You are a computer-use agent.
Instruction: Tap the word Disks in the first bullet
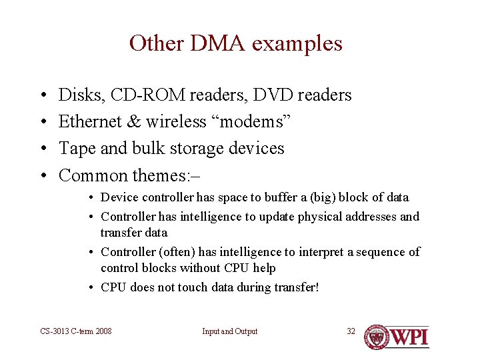pos(75,95)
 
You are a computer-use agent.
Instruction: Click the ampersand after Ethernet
pos(134,122)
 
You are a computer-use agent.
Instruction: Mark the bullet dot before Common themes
pos(42,176)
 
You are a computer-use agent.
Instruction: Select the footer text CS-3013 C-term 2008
pos(76,331)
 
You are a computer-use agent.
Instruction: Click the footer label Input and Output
pos(229,331)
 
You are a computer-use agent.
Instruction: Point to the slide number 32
pos(351,331)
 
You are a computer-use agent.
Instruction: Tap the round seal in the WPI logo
pos(377,337)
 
